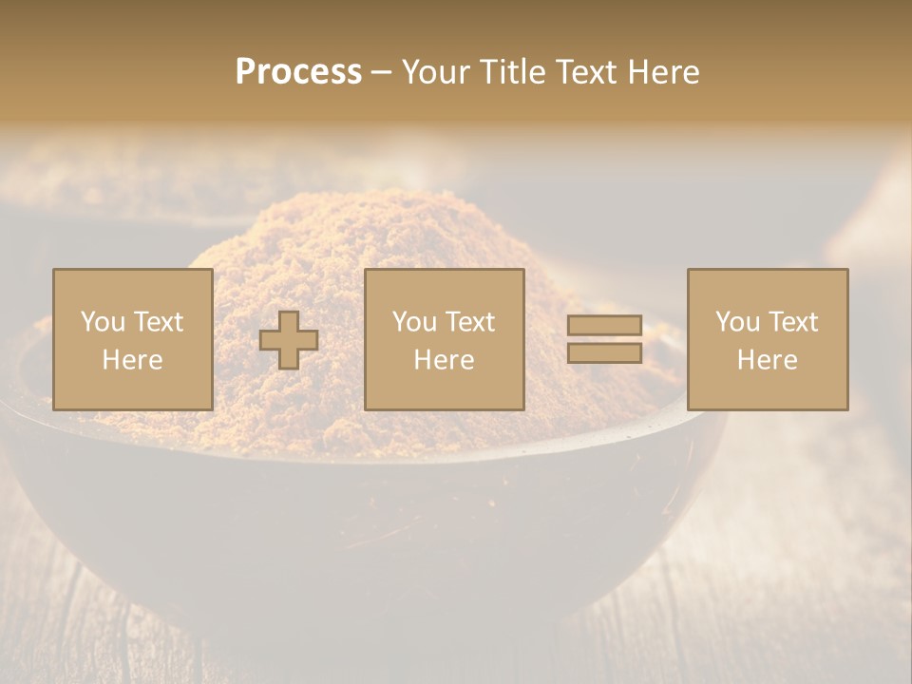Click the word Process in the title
[x=298, y=72]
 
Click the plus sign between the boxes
[x=289, y=340]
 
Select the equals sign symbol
[x=604, y=339]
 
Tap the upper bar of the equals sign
[x=604, y=326]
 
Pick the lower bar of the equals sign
[x=604, y=352]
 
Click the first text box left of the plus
[x=133, y=339]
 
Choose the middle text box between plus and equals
[x=444, y=339]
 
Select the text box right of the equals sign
[x=768, y=339]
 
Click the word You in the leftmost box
[x=103, y=322]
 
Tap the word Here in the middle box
[x=444, y=360]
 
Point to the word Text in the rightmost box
[x=793, y=322]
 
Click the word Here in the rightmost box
[x=768, y=360]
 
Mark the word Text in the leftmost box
[x=159, y=322]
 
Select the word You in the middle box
[x=414, y=322]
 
